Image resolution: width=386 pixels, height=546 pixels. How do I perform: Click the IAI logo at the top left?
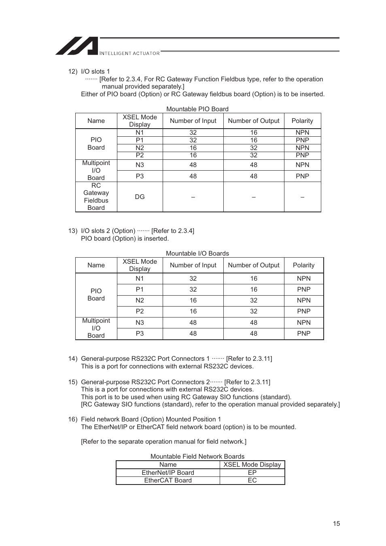(77, 46)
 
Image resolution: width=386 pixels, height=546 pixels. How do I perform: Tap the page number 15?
(336, 523)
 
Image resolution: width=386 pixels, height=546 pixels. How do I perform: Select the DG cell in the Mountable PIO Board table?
(140, 197)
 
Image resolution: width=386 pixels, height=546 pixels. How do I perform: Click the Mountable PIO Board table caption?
(197, 109)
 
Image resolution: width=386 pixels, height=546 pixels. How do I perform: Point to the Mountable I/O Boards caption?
(197, 253)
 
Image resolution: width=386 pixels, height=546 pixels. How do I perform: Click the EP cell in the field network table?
(252, 472)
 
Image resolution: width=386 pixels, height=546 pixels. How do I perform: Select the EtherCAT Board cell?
(168, 480)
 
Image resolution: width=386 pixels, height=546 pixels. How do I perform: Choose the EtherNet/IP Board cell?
(168, 472)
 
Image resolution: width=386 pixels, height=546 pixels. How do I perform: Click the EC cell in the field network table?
(252, 480)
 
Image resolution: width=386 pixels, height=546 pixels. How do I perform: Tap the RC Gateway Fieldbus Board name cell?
(96, 197)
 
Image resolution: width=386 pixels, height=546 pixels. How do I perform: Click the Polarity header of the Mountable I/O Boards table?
(303, 265)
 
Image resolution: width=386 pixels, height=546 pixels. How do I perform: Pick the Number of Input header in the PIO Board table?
(193, 121)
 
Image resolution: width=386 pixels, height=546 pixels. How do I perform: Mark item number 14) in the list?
(72, 358)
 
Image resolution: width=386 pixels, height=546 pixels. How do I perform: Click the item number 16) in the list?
(72, 419)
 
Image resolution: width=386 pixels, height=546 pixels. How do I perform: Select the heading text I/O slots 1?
(95, 71)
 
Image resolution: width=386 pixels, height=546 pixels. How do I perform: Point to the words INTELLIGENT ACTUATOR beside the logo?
(129, 53)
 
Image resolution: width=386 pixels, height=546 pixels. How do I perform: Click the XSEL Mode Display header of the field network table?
(252, 464)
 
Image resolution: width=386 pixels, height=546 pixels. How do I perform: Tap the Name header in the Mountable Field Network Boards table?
(168, 464)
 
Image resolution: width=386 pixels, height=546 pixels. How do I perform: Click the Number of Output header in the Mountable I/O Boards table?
(254, 265)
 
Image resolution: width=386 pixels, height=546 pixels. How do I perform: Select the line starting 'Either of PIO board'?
(202, 94)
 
